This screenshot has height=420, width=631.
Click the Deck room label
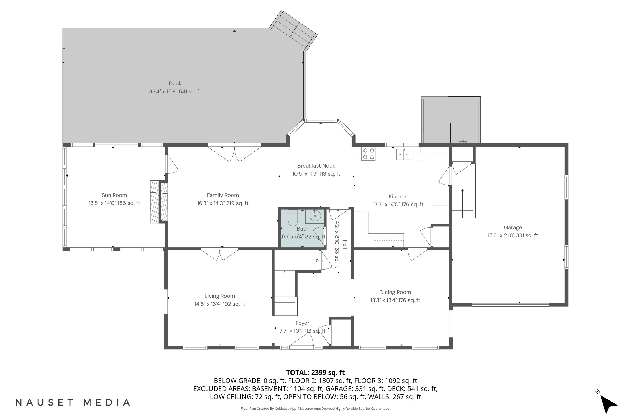[x=175, y=84]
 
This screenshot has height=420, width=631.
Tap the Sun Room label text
[x=114, y=195]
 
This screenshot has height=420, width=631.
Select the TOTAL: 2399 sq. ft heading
[x=315, y=373]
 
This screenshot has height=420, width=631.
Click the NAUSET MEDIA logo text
[x=73, y=403]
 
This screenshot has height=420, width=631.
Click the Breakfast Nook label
[x=316, y=166]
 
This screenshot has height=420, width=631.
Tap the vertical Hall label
[x=345, y=244]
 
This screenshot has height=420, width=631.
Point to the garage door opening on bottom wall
[x=510, y=304]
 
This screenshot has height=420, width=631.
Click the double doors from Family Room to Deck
[x=234, y=154]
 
